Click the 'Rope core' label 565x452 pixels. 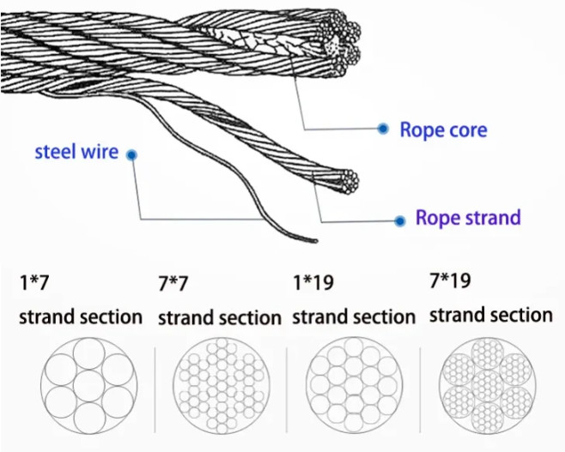[443, 130]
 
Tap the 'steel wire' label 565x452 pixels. [76, 153]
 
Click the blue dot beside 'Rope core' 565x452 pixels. [383, 129]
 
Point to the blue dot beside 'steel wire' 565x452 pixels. [131, 155]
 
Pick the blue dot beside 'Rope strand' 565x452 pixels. [399, 220]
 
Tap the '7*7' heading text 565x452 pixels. [175, 282]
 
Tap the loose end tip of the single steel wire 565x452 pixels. [315, 241]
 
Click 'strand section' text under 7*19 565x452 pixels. [490, 315]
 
